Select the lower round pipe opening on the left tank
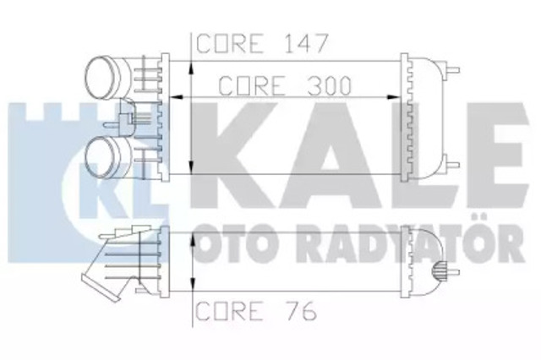tap(103, 157)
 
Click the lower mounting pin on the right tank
tap(454, 166)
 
